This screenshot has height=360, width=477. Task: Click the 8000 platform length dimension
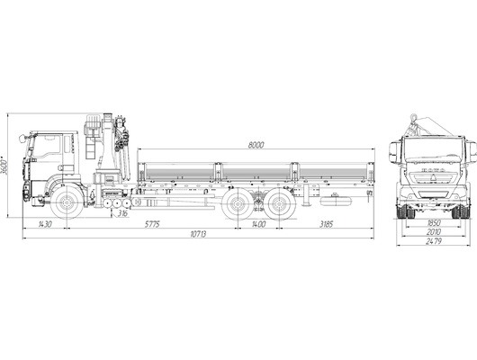tap(256, 145)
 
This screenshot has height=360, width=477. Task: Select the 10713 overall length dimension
tap(198, 234)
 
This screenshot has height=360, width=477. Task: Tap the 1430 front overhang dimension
tap(45, 224)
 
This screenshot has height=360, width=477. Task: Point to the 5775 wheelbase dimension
tap(152, 224)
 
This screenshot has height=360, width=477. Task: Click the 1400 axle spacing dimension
tap(258, 224)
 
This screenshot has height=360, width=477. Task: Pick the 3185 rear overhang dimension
tap(327, 224)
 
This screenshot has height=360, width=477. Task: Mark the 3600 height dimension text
tap(4, 166)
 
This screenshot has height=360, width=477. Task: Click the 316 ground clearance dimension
tap(122, 213)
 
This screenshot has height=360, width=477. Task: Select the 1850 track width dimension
tap(434, 222)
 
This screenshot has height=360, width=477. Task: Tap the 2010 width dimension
tap(434, 232)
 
